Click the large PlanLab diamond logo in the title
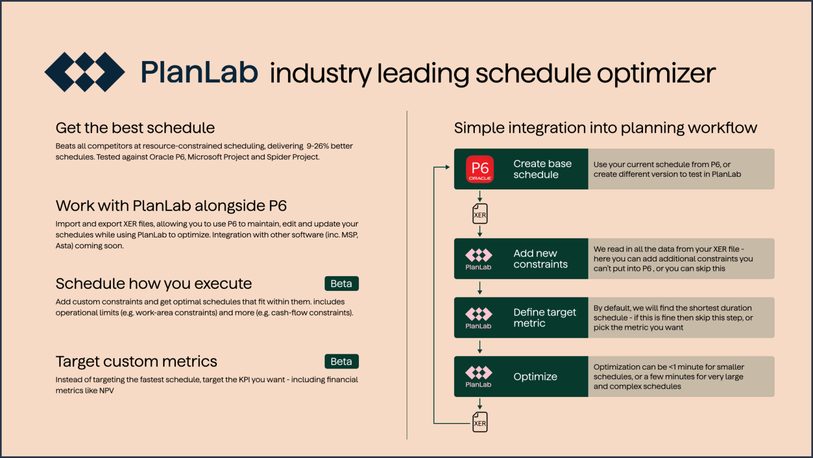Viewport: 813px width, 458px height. pyautogui.click(x=85, y=72)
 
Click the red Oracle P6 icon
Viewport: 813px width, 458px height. pyautogui.click(x=480, y=169)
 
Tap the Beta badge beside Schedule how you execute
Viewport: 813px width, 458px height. pyautogui.click(x=341, y=284)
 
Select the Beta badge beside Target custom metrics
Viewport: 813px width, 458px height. pyautogui.click(x=341, y=361)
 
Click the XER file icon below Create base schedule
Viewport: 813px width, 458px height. pyautogui.click(x=480, y=214)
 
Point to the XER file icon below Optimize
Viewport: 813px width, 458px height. pyautogui.click(x=480, y=423)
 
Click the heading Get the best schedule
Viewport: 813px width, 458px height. pyautogui.click(x=135, y=128)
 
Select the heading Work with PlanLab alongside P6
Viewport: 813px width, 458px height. pyautogui.click(x=171, y=206)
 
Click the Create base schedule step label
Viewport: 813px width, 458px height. pyautogui.click(x=542, y=169)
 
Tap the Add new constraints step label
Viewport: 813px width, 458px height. pyautogui.click(x=540, y=259)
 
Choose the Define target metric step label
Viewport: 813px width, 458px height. pyautogui.click(x=544, y=318)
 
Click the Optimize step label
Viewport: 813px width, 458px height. pyautogui.click(x=535, y=377)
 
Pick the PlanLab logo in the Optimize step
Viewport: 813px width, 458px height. pyautogui.click(x=478, y=377)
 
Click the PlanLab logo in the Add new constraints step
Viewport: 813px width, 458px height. pyautogui.click(x=478, y=259)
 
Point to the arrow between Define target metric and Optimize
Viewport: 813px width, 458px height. pyautogui.click(x=480, y=347)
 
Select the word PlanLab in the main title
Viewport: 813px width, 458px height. pyautogui.click(x=199, y=73)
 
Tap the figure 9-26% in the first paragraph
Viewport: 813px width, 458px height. pyautogui.click(x=325, y=146)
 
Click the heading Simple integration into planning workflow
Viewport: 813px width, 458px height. pyautogui.click(x=605, y=128)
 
